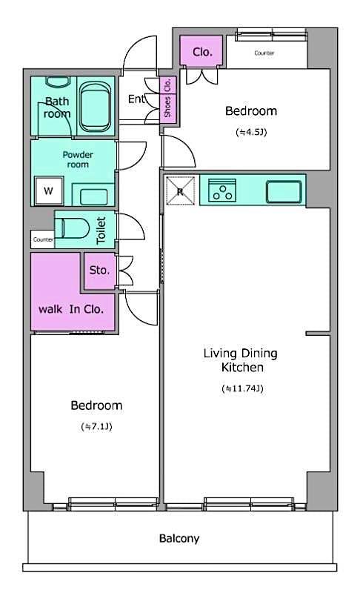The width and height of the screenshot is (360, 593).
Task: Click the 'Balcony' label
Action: (x=179, y=539)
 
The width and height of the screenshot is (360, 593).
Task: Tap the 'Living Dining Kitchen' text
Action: (x=239, y=360)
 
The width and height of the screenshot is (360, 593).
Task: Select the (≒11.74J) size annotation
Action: (x=242, y=388)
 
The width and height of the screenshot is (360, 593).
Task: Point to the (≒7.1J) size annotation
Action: (x=96, y=426)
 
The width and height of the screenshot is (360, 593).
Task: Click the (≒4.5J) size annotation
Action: (x=250, y=133)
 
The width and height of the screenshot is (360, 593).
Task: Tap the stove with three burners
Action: (x=221, y=191)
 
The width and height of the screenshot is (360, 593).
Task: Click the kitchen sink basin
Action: (x=284, y=191)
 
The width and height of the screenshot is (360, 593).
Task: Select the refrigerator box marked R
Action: (x=180, y=191)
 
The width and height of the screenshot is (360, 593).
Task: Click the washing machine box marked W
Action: (x=48, y=191)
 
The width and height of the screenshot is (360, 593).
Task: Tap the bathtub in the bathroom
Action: (x=94, y=105)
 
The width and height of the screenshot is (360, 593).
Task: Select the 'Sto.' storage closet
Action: (x=99, y=271)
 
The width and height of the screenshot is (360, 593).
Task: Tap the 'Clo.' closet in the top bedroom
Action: (x=202, y=53)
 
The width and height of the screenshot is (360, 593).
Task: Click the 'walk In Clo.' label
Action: (x=71, y=308)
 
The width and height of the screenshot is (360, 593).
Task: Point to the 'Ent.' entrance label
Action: (x=137, y=99)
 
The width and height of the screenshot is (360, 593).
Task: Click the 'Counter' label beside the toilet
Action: (x=42, y=240)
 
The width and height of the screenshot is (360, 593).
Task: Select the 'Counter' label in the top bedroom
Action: (x=264, y=53)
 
